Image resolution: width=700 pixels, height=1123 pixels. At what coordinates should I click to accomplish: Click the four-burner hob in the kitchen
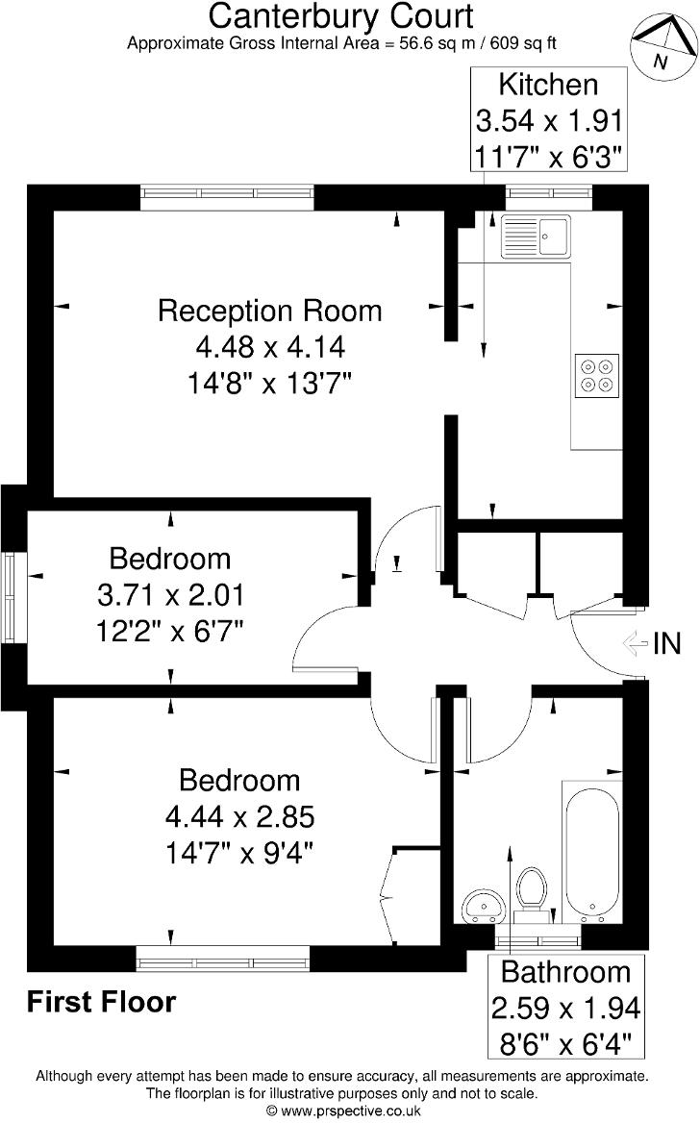click(595, 376)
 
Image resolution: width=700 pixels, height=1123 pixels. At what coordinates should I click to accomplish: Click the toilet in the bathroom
click(531, 887)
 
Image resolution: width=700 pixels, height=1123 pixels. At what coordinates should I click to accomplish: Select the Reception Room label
click(269, 311)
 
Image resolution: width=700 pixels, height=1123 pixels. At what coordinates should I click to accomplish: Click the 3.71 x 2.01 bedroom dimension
click(171, 595)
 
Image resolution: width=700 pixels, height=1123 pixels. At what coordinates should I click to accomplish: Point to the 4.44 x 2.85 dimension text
click(239, 817)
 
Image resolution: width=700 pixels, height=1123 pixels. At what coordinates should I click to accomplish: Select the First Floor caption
click(101, 1003)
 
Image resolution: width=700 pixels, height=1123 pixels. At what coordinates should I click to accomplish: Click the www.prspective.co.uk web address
click(350, 1111)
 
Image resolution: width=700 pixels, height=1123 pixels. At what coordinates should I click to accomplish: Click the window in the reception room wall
click(227, 196)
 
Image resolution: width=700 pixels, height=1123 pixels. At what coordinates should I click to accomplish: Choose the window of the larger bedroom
click(223, 959)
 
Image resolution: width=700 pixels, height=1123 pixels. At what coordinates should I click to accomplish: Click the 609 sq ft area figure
click(524, 42)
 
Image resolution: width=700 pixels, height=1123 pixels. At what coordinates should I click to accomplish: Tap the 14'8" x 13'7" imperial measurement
click(269, 384)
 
